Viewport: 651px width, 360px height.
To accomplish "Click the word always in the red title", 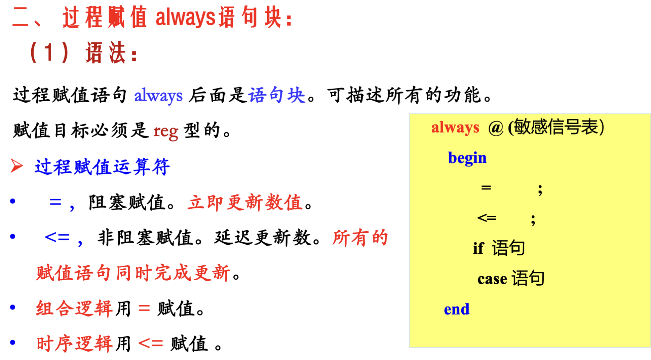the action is [x=185, y=17].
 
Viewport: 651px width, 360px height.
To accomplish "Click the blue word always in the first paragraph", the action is [x=158, y=96].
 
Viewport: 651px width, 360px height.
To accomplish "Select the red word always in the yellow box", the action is [x=455, y=128].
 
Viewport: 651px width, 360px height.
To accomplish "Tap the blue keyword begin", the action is [x=467, y=158].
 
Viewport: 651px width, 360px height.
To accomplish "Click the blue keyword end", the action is [x=457, y=309].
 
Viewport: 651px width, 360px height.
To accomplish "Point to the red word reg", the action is [x=166, y=132].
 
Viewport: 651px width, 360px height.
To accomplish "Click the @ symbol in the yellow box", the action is [x=496, y=128].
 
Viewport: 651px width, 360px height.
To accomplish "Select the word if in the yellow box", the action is [x=478, y=248].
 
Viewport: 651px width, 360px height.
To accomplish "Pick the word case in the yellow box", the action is [x=492, y=279].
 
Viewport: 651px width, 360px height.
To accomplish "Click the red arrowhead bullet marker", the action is [x=16, y=166].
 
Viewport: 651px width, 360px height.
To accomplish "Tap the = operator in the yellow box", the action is [x=486, y=187].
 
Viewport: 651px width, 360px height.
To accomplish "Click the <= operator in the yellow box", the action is [x=487, y=218].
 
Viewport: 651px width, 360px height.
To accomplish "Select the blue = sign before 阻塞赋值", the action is [x=55, y=202].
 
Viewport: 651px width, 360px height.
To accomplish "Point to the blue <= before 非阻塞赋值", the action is [x=57, y=237].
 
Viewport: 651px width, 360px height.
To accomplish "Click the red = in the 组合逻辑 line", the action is [x=144, y=308].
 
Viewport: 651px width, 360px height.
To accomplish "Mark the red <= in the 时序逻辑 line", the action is [x=151, y=344].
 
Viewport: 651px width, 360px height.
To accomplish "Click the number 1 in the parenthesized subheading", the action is [x=49, y=52].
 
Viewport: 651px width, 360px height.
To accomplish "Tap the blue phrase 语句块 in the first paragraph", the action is [x=277, y=95].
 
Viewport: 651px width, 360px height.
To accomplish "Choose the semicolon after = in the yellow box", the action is [x=540, y=190].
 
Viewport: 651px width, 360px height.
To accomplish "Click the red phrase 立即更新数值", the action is [x=245, y=203].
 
